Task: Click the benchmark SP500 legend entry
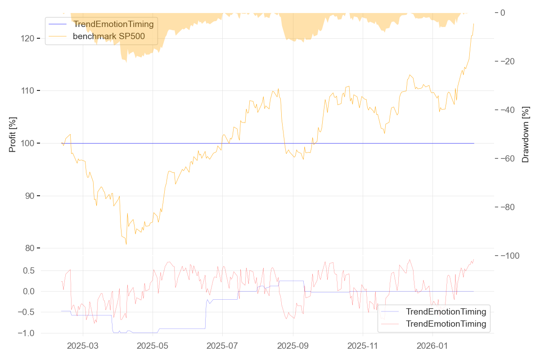[109, 36]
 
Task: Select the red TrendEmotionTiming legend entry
[446, 324]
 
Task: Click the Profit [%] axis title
[13, 135]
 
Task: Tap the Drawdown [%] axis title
[525, 135]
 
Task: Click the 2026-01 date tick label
[432, 346]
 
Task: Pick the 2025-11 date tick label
[363, 346]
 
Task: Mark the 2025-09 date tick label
[293, 346]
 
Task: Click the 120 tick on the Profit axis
[27, 38]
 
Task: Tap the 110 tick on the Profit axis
[27, 91]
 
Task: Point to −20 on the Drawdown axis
[512, 61]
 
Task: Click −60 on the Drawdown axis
[512, 158]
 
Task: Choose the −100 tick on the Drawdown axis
[510, 256]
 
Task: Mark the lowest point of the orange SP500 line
[126, 244]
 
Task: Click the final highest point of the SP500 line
[474, 23]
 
